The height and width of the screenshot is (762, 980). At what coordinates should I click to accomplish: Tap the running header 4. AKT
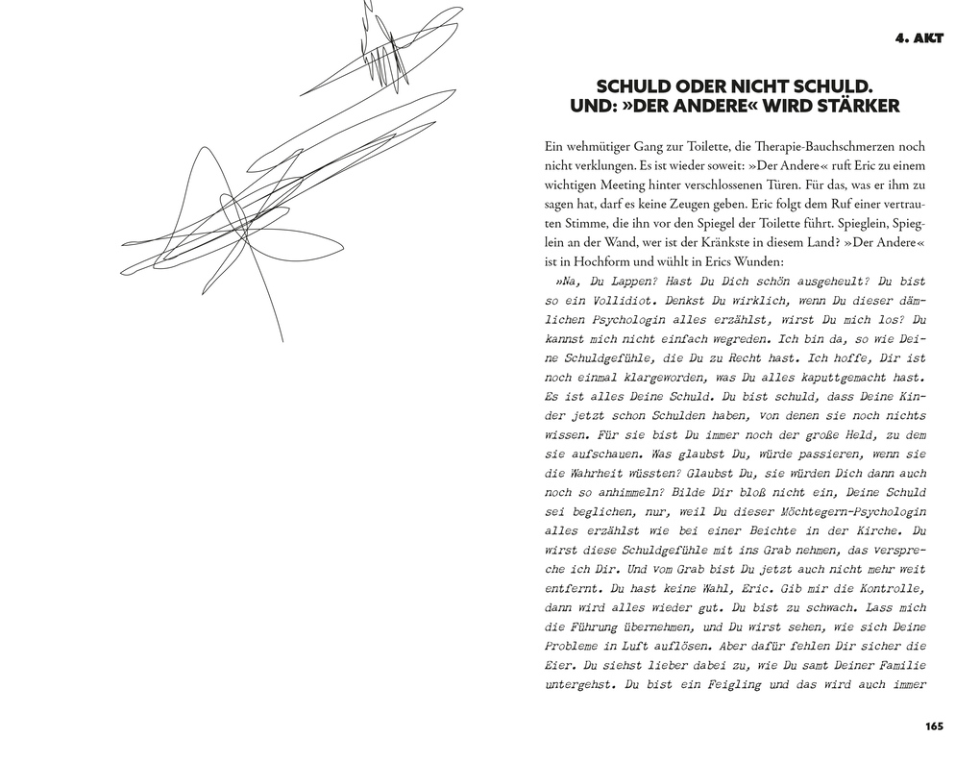pyautogui.click(x=919, y=38)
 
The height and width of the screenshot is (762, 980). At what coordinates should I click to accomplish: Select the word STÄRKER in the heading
pyautogui.click(x=859, y=106)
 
